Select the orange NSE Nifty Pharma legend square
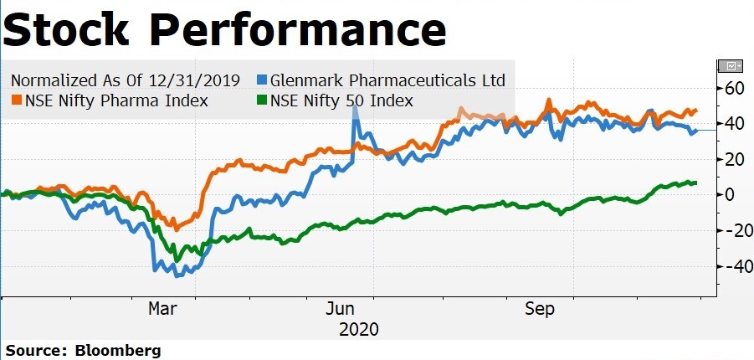(15, 101)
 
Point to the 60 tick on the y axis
(734, 89)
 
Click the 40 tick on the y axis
(734, 124)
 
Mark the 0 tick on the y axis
(729, 195)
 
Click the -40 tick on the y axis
(731, 266)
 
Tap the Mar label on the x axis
(162, 309)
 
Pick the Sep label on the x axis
(540, 309)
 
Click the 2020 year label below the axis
(359, 329)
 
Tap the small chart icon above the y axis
(730, 65)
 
